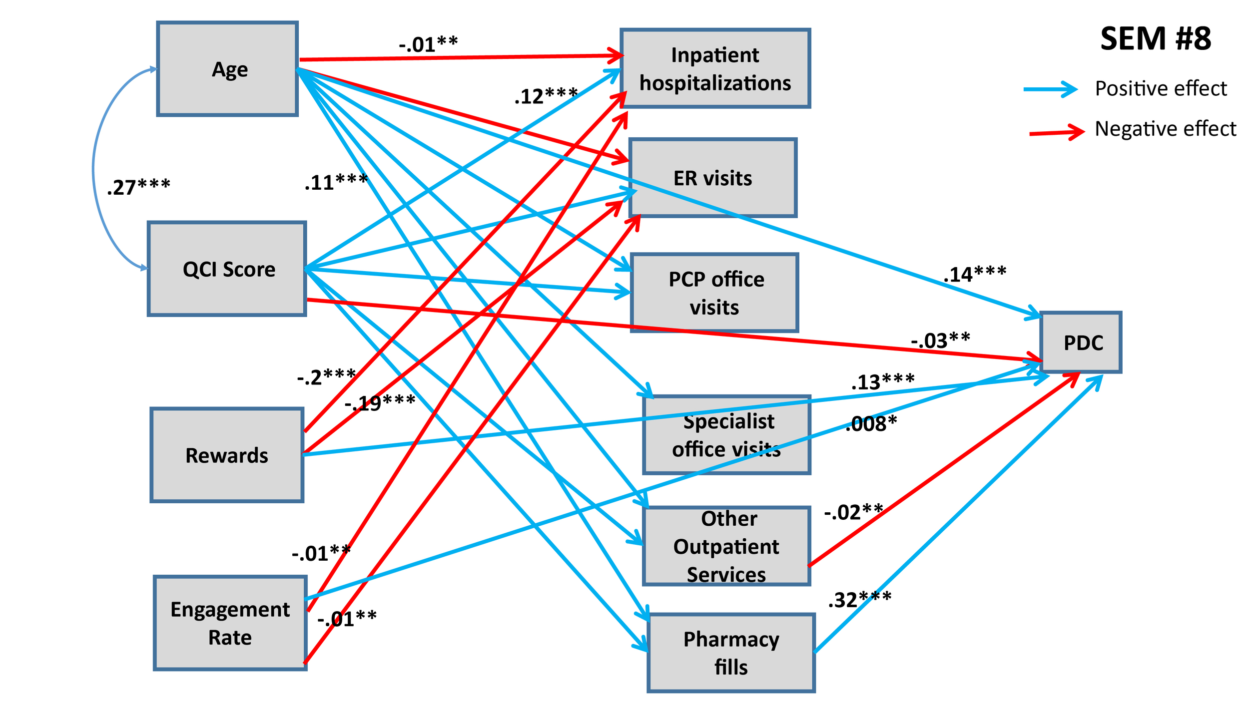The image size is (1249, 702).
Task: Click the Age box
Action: [x=228, y=69]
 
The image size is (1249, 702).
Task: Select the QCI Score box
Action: [x=227, y=269]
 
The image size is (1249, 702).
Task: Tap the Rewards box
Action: [x=227, y=455]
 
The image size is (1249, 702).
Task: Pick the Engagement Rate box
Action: [x=230, y=623]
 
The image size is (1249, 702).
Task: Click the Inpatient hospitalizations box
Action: [x=715, y=68]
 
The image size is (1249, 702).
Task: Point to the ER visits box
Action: [x=712, y=178]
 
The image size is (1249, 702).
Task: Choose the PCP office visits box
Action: [x=714, y=293]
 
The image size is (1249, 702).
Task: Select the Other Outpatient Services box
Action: [x=726, y=547]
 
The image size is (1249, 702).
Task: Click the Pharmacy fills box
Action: [x=731, y=653]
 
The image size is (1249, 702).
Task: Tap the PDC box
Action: [x=1081, y=343]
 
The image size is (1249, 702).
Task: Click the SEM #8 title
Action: [x=1155, y=38]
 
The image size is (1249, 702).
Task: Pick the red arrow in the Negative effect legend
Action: [x=1057, y=132]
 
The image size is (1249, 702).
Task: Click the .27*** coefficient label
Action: [x=138, y=187]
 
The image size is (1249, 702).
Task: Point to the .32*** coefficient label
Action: [x=859, y=600]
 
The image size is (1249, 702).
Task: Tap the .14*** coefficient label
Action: [x=974, y=274]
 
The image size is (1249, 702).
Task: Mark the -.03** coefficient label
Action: [x=940, y=341]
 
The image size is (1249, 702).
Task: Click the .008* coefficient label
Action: [x=871, y=423]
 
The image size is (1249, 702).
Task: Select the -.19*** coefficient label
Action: [x=380, y=402]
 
